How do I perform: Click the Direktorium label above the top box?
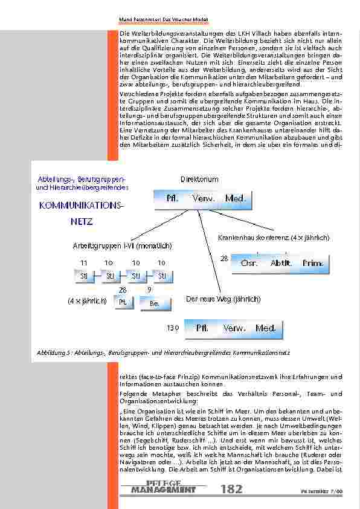tap(199, 180)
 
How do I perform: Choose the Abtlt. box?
tap(281, 263)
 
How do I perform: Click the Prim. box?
tap(313, 263)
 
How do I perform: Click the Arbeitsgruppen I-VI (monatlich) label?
tap(122, 246)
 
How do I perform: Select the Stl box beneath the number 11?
tap(84, 277)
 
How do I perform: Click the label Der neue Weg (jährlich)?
tap(223, 299)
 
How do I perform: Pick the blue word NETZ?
tap(80, 222)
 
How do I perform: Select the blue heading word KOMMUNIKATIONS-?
tap(80, 206)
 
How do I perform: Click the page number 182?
tap(233, 488)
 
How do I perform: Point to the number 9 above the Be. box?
tap(149, 291)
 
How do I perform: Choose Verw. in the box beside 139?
tap(234, 328)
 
